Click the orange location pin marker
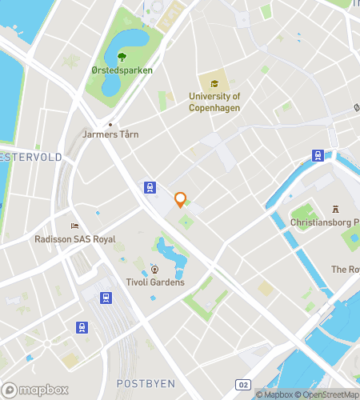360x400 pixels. [x=180, y=199]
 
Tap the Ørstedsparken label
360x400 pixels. [x=122, y=70]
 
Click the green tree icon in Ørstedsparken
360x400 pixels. [x=122, y=57]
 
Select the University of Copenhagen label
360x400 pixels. [x=214, y=102]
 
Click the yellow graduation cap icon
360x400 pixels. [x=214, y=83]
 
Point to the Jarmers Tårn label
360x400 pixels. [x=110, y=134]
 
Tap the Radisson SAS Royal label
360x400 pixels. [x=75, y=239]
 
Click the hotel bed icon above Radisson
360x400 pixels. [x=74, y=226]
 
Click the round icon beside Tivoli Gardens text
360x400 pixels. [x=155, y=270]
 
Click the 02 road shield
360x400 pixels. [x=243, y=385]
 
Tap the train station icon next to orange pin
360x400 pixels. [x=150, y=187]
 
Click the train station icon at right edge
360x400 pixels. [x=318, y=155]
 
